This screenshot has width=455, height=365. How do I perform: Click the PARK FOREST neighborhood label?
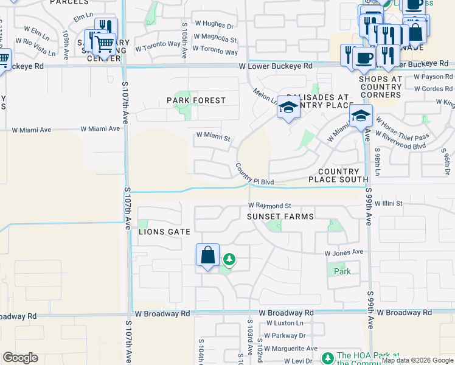coord(196,100)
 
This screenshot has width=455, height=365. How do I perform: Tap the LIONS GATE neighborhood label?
coord(165,232)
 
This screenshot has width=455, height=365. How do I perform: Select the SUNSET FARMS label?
coord(280,217)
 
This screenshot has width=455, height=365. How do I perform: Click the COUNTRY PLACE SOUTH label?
coord(338,176)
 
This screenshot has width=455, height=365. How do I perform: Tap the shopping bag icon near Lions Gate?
coord(207,255)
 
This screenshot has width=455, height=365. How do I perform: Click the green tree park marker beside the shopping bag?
coord(229,260)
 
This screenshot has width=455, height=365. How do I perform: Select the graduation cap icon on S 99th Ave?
coord(361,116)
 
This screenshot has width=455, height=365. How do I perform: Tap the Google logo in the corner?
coord(20,358)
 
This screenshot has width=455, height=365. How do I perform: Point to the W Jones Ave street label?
coord(344,252)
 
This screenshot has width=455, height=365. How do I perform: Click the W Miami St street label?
coord(212,137)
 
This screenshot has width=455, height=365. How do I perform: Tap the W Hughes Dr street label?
coord(213,26)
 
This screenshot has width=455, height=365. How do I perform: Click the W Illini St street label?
coord(389,203)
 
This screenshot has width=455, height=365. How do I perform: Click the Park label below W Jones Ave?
coord(342,271)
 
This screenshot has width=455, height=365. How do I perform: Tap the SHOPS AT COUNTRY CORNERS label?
coord(380,87)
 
